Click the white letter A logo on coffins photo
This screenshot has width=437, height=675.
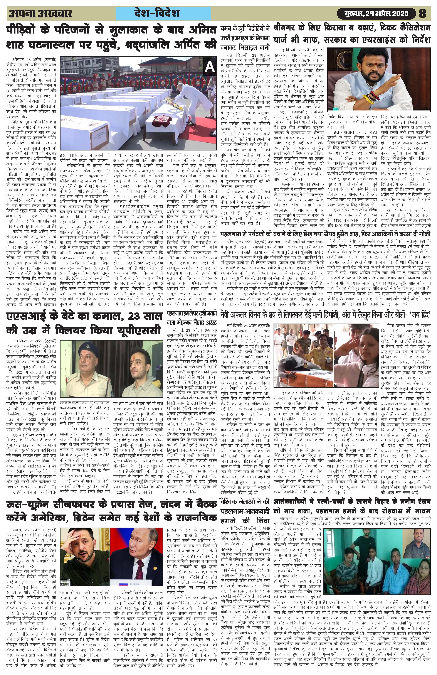tap(210, 67)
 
